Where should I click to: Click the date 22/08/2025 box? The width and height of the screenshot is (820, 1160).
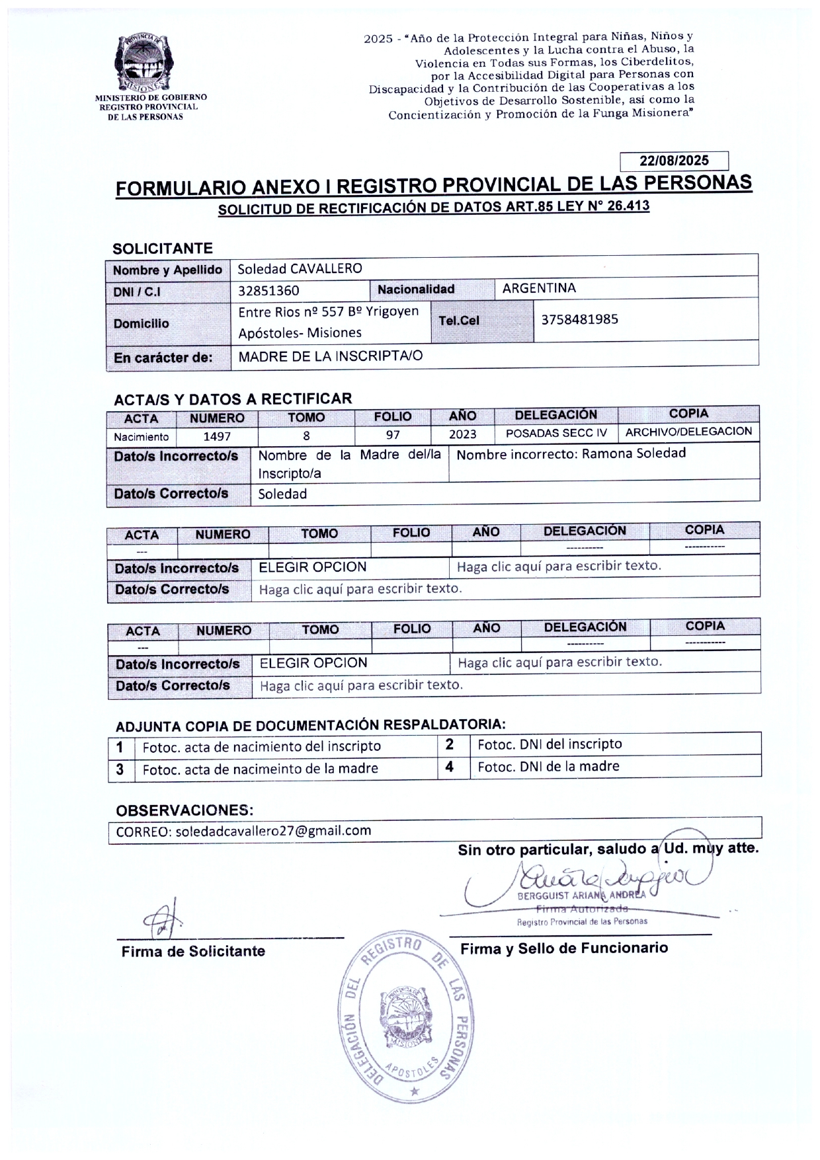click(x=674, y=161)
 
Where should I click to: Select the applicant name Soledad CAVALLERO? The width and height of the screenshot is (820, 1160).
click(x=300, y=269)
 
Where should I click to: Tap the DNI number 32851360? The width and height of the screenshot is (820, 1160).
click(x=268, y=290)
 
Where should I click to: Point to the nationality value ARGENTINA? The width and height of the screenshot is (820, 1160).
click(x=539, y=288)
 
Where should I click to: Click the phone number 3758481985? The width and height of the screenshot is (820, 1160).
click(x=579, y=319)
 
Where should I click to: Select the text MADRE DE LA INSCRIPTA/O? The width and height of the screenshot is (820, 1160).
click(x=330, y=356)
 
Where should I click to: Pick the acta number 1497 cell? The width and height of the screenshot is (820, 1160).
click(x=217, y=436)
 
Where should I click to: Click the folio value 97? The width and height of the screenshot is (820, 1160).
click(x=393, y=435)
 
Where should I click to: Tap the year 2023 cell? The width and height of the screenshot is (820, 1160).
click(x=462, y=434)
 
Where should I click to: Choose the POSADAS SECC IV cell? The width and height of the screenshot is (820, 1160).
click(x=556, y=434)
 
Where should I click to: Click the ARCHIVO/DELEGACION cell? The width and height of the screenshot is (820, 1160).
click(x=688, y=432)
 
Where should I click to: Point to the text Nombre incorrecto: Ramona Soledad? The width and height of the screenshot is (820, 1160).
click(x=571, y=453)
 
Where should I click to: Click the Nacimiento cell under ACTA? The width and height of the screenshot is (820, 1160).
click(x=141, y=437)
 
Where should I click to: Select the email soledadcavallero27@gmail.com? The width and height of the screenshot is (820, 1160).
click(x=272, y=831)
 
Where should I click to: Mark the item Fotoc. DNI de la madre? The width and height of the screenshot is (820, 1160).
click(x=548, y=766)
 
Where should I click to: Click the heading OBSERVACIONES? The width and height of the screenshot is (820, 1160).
click(x=184, y=810)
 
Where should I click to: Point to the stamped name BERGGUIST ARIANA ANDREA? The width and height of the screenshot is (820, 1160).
click(x=581, y=896)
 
